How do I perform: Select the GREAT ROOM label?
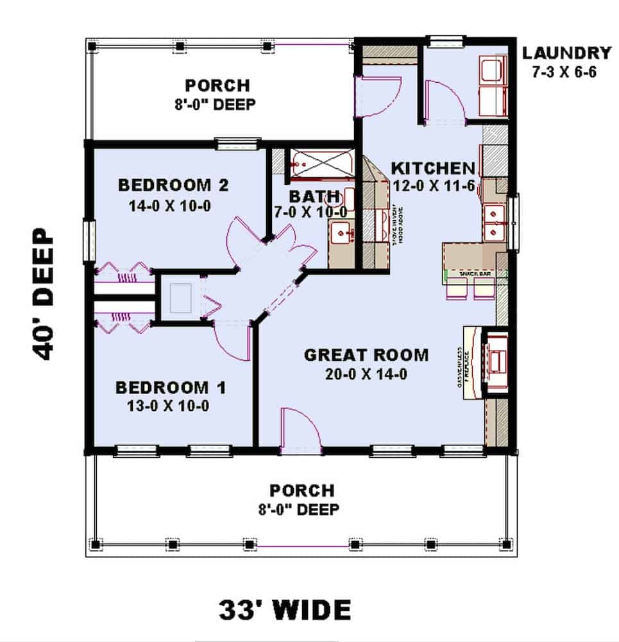click(x=366, y=355)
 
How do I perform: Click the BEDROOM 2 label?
click(x=173, y=186)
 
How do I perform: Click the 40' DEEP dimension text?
click(x=44, y=294)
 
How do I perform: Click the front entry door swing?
click(x=299, y=429)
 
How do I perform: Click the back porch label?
click(x=217, y=94)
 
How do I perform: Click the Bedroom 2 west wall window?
click(x=89, y=241)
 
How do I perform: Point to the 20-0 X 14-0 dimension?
click(x=366, y=374)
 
